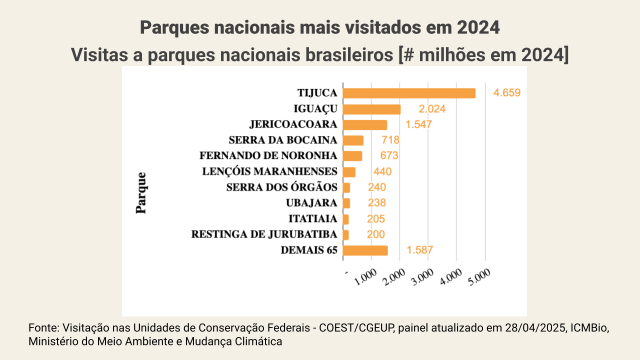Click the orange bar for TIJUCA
pyautogui.click(x=409, y=93)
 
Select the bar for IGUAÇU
pyautogui.click(x=371, y=109)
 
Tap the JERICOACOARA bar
pyautogui.click(x=365, y=124)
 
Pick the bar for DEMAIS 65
pyautogui.click(x=365, y=250)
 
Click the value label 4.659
pyautogui.click(x=507, y=93)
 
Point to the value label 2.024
pyautogui.click(x=432, y=109)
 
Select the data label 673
pyautogui.click(x=389, y=155)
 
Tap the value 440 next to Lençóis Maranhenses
pyautogui.click(x=382, y=171)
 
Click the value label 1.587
pyautogui.click(x=419, y=250)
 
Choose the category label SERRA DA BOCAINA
pyautogui.click(x=282, y=140)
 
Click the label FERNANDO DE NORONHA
pyautogui.click(x=268, y=155)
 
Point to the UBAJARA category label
pyautogui.click(x=311, y=203)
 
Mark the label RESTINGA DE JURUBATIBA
pyautogui.click(x=264, y=234)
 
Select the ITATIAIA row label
pyautogui.click(x=312, y=218)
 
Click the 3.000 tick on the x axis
pyautogui.click(x=426, y=276)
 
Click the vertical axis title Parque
pyautogui.click(x=141, y=192)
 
